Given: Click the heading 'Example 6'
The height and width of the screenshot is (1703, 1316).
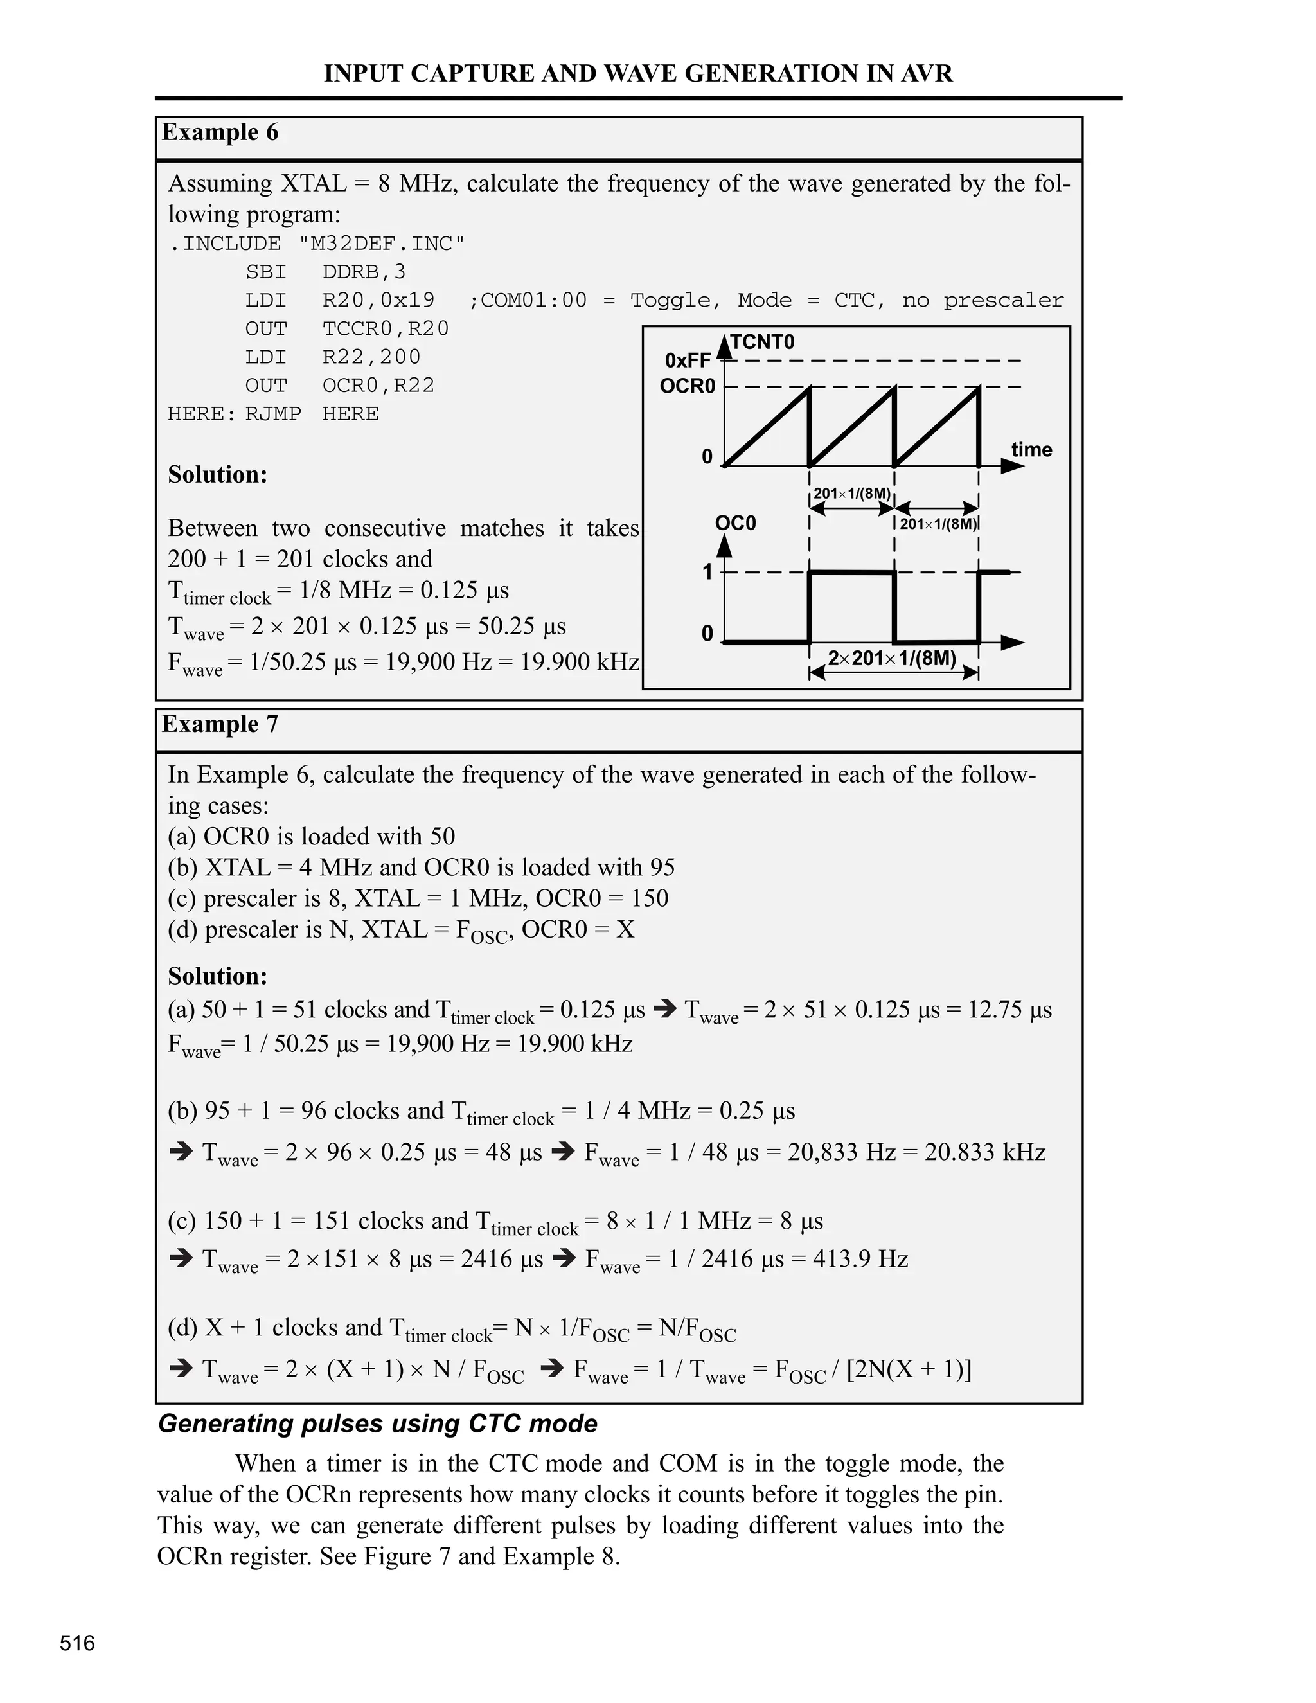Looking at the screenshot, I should (x=220, y=132).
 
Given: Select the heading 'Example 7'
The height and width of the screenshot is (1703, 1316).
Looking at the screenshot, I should (x=220, y=724).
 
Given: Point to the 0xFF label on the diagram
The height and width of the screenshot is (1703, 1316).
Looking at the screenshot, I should (x=688, y=361).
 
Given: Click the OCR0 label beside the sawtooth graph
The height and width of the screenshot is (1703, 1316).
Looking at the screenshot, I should (x=687, y=386).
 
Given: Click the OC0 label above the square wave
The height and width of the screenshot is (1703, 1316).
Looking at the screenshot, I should (x=735, y=522).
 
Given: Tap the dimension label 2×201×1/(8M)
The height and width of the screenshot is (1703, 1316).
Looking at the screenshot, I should (x=892, y=658).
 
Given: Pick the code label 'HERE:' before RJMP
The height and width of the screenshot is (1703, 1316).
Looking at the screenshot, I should (x=202, y=414).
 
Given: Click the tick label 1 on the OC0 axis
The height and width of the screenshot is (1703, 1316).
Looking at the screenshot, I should (x=707, y=573).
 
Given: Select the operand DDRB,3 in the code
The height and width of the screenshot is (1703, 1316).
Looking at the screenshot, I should (x=364, y=272).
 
